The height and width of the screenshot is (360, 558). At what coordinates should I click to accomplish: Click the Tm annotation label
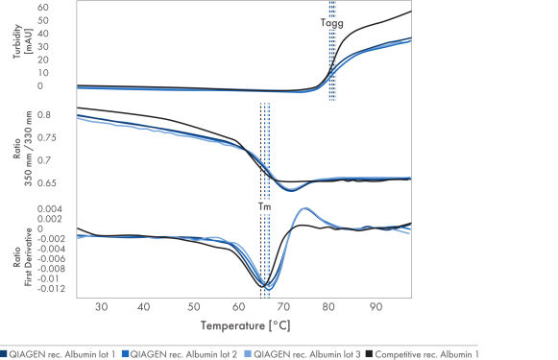(264, 205)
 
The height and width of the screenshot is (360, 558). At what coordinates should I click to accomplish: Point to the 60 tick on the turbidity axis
(42, 8)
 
